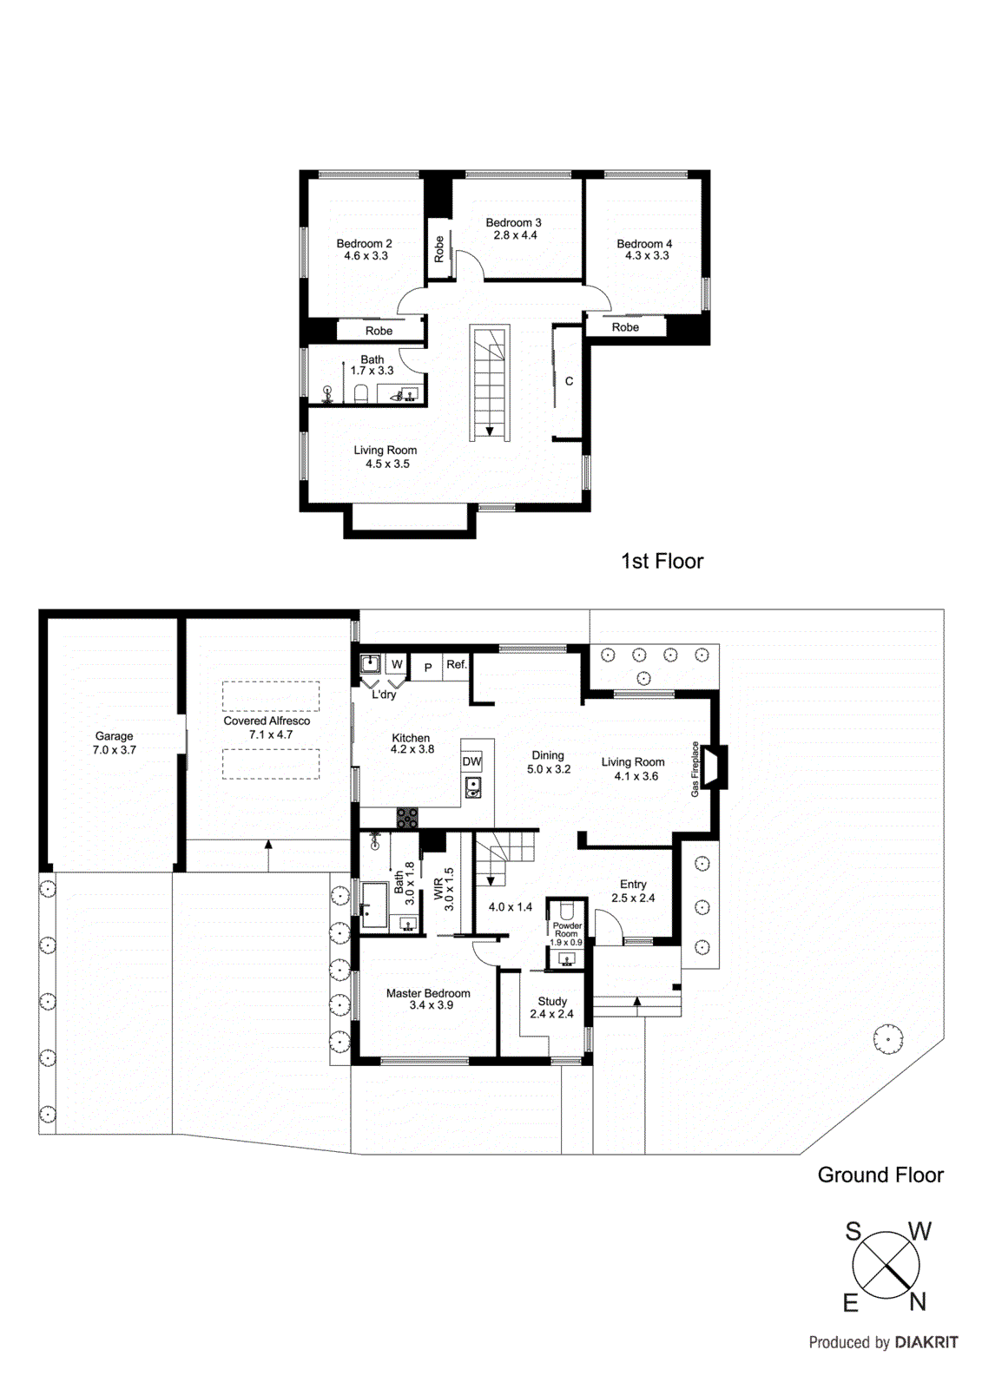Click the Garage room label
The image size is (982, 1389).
[x=114, y=736]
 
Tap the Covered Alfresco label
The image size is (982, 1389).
[x=267, y=721]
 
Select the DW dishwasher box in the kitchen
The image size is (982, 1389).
[x=471, y=761]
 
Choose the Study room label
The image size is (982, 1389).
[x=552, y=1001]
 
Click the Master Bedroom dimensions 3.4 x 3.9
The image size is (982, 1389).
[x=431, y=1005]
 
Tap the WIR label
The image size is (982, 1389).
[x=438, y=888]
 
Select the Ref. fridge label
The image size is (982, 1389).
[x=457, y=664]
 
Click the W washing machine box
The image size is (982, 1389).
[x=397, y=664]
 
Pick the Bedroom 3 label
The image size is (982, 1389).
[x=513, y=222]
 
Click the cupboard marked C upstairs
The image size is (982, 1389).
[x=569, y=381]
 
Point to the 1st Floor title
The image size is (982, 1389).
[x=662, y=561]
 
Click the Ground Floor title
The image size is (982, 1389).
[x=880, y=1175]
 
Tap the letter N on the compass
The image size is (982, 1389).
[x=918, y=1301]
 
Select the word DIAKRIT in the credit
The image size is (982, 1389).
[x=926, y=1342]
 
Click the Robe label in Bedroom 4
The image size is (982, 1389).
[x=625, y=327]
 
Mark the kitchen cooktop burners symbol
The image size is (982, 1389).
[x=407, y=817]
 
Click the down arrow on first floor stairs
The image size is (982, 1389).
[x=490, y=431]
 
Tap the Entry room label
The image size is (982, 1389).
[x=633, y=884]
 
